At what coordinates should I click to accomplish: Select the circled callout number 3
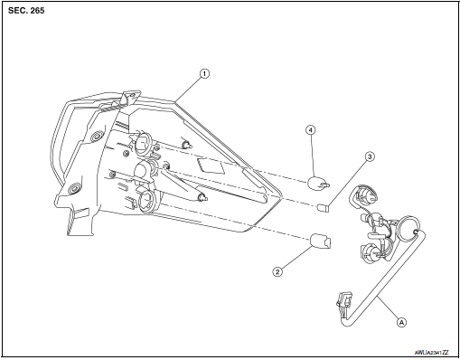tap(369, 156)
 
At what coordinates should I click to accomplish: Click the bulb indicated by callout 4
tap(317, 185)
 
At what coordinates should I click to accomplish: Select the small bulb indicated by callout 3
tap(324, 209)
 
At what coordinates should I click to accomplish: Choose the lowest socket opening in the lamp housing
tap(148, 201)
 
